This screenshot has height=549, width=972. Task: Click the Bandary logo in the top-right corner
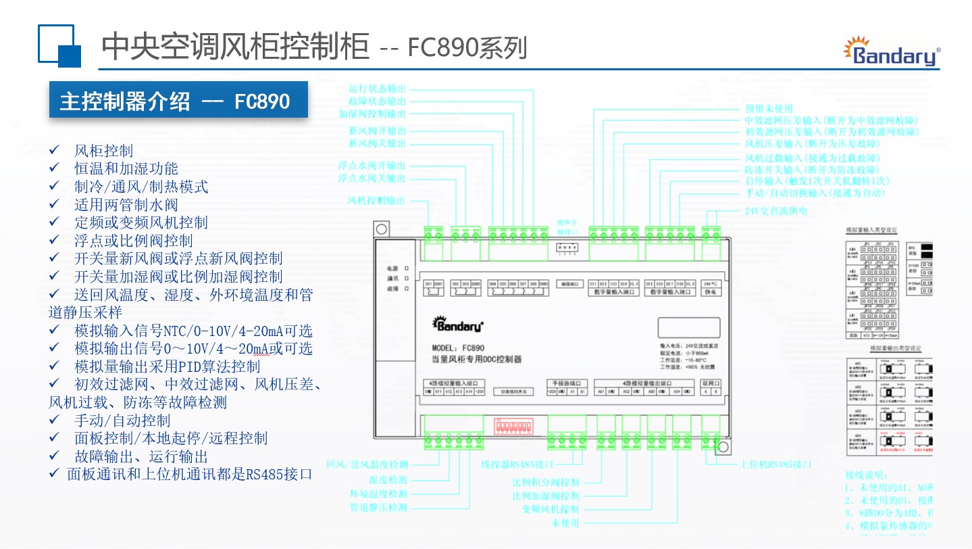click(892, 51)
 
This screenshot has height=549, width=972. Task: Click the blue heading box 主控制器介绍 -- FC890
click(178, 101)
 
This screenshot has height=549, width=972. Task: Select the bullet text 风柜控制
click(103, 151)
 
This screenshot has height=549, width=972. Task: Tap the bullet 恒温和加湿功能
click(126, 168)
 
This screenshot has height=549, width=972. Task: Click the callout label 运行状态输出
click(377, 89)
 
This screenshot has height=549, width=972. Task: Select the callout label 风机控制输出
click(377, 200)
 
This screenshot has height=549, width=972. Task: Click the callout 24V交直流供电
click(775, 210)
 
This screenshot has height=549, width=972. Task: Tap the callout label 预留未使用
click(768, 108)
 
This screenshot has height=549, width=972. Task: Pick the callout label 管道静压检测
click(378, 507)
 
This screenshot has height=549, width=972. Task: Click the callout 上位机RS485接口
click(776, 464)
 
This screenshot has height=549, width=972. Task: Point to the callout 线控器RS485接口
click(517, 464)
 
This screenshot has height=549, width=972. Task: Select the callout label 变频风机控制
click(551, 509)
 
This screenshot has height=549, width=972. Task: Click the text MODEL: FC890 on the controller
click(457, 348)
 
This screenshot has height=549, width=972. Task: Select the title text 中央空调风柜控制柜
click(235, 47)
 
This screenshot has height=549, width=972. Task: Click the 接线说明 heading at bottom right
click(867, 475)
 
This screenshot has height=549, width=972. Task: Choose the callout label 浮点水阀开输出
click(372, 165)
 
